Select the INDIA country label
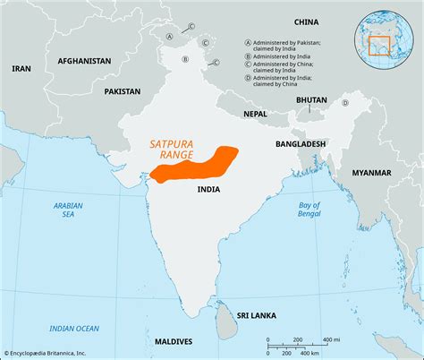pyautogui.click(x=209, y=190)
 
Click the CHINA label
pyautogui.click(x=306, y=21)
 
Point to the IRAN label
pyautogui.click(x=22, y=68)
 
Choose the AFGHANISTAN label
pyautogui.click(x=84, y=61)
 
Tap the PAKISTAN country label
pyautogui.click(x=122, y=91)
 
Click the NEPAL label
pyautogui.click(x=255, y=115)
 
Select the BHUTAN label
pyautogui.click(x=311, y=100)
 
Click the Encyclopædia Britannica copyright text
pyautogui.click(x=57, y=353)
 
